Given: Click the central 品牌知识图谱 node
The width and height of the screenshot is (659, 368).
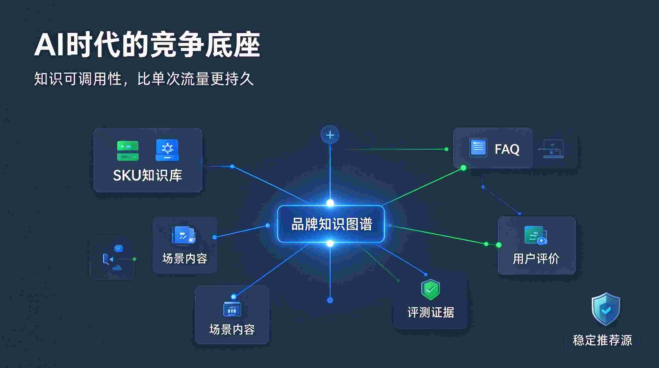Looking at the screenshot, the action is click(331, 224).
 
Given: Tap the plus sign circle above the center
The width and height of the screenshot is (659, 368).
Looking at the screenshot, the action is click(330, 135).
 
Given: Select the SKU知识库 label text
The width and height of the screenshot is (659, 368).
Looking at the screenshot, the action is click(148, 176).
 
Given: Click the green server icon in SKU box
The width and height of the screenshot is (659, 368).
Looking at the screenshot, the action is click(128, 151).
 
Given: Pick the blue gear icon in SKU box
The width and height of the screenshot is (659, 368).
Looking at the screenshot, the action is click(167, 150).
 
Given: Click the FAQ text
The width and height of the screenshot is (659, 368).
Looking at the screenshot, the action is click(507, 149).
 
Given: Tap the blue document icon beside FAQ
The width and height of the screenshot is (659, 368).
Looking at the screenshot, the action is click(478, 148).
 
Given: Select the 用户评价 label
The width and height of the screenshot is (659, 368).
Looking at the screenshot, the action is click(536, 259).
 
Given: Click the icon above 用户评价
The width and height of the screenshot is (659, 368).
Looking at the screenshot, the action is click(535, 235).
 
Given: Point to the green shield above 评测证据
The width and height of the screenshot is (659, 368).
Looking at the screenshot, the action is click(431, 290).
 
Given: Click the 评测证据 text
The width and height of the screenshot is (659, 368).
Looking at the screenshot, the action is click(431, 312).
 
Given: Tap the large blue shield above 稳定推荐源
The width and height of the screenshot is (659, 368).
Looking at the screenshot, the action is click(606, 309).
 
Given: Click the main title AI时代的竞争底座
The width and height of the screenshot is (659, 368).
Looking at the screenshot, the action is click(147, 45).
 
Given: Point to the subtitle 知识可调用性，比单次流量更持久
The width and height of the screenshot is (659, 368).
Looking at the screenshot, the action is click(144, 79).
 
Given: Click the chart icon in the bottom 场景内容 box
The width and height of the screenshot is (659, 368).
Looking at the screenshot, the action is click(232, 309).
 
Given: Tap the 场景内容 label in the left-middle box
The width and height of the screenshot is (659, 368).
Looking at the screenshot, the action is click(185, 259).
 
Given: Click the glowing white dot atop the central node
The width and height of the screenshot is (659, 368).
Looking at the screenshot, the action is click(330, 203).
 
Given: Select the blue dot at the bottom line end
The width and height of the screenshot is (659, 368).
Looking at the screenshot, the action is click(330, 300).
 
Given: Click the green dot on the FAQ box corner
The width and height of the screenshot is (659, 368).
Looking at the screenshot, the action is click(463, 168).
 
